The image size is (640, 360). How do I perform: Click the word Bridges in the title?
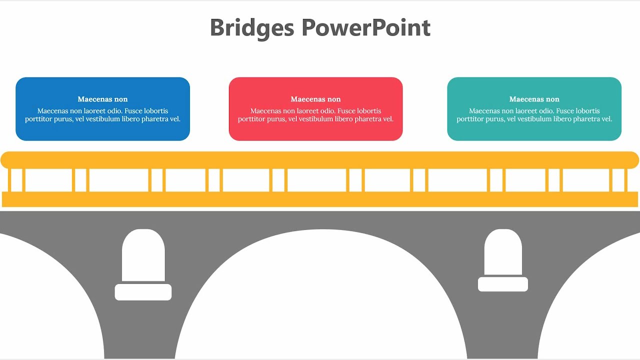(x=251, y=27)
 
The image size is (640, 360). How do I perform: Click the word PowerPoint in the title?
(x=365, y=27)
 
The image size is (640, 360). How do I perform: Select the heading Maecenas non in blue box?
(x=102, y=99)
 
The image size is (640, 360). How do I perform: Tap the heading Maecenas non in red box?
(x=315, y=99)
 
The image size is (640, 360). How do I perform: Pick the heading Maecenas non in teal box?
(x=534, y=99)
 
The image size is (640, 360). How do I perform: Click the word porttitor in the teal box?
(x=471, y=119)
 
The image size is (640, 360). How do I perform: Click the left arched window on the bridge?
(x=143, y=255)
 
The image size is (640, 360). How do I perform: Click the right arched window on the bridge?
(x=503, y=252)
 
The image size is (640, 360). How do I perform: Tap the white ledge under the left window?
(x=143, y=292)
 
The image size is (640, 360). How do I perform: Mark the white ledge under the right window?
(x=503, y=284)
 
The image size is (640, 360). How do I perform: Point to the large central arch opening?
(x=320, y=300)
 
